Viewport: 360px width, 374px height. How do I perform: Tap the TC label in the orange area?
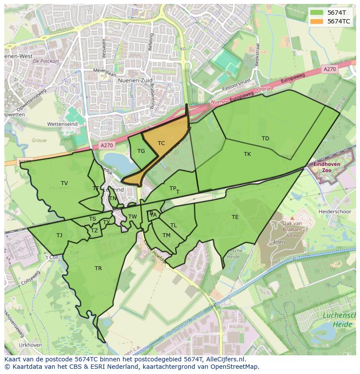click(x=161, y=143)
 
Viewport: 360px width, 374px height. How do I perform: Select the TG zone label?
click(x=141, y=151)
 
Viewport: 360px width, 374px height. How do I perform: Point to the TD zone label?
click(x=265, y=139)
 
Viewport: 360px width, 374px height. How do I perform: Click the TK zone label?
click(x=247, y=154)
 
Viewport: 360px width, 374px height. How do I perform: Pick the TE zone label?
click(x=235, y=217)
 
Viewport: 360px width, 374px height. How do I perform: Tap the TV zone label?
click(x=64, y=183)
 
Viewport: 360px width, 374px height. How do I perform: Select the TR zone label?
click(x=98, y=268)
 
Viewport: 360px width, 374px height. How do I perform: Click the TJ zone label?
click(x=59, y=235)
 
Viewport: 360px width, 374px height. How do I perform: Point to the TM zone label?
click(x=167, y=235)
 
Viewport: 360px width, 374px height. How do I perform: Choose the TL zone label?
click(x=173, y=225)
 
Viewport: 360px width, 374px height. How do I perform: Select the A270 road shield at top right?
click(x=330, y=69)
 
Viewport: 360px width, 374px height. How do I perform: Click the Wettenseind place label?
click(x=62, y=124)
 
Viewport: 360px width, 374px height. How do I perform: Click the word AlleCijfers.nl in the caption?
click(x=226, y=360)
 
